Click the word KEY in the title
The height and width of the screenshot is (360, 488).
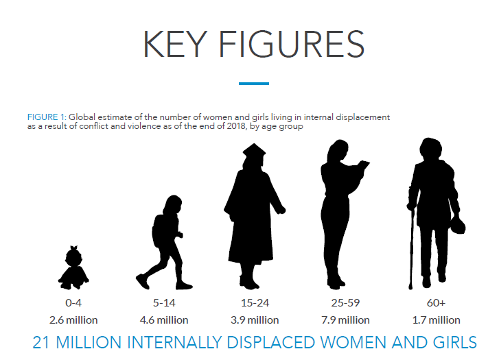[x=175, y=44]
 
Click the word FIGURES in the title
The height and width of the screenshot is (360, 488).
[x=292, y=44]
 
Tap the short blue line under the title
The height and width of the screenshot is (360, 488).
[x=254, y=84]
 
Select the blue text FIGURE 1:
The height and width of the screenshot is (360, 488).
[x=47, y=117]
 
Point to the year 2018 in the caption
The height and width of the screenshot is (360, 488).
[x=236, y=126]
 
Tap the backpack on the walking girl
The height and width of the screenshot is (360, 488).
[x=159, y=230]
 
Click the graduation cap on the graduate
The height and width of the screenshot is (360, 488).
[x=254, y=151]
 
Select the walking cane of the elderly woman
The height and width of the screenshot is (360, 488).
[x=411, y=249]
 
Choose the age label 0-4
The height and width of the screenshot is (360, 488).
[x=73, y=303]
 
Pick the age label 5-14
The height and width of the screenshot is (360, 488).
[x=164, y=303]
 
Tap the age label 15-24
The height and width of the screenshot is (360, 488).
[x=255, y=303]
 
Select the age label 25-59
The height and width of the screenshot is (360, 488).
[x=345, y=303]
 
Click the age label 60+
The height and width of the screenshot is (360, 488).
[x=436, y=303]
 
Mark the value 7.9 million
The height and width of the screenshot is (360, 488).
[x=345, y=320]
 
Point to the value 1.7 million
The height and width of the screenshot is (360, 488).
[x=436, y=320]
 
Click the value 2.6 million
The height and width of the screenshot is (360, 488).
[x=73, y=320]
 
